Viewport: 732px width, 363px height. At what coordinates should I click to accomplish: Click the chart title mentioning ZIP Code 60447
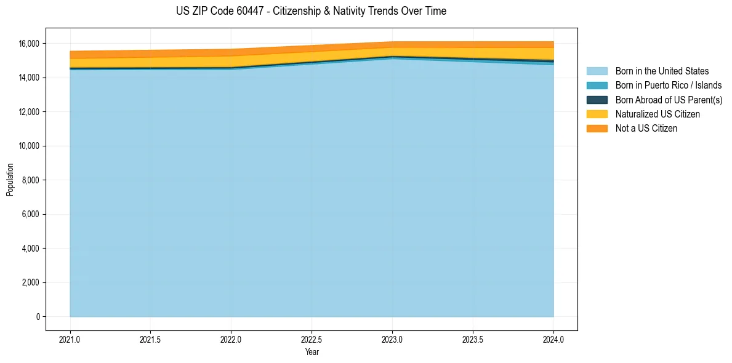(311, 11)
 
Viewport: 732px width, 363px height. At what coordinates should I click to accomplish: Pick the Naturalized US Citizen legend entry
(658, 114)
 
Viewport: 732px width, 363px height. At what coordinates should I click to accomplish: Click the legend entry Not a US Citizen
(646, 128)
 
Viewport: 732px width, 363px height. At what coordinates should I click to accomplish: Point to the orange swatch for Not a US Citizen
(597, 128)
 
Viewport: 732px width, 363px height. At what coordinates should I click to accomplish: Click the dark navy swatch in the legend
(597, 100)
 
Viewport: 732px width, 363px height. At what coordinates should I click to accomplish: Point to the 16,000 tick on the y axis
(29, 44)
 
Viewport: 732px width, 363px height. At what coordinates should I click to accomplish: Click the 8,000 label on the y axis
(31, 180)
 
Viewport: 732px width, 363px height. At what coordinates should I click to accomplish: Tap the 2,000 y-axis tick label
(31, 282)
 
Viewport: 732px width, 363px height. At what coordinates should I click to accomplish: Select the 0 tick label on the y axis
(38, 317)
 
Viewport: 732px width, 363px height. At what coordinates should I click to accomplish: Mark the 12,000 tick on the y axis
(29, 112)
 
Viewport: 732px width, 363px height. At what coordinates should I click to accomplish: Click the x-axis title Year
(312, 352)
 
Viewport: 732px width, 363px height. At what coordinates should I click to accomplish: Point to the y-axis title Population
(10, 180)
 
